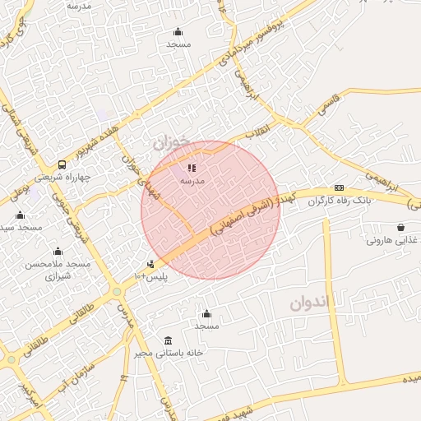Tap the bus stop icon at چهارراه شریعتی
point(62,164)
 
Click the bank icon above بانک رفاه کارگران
point(339,188)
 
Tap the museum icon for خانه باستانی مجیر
point(168,340)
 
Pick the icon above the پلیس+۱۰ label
point(150,264)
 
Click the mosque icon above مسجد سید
point(20,215)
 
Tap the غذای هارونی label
point(391,240)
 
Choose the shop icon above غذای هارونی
point(400,227)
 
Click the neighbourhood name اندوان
point(308,302)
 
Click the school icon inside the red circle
point(192,168)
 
